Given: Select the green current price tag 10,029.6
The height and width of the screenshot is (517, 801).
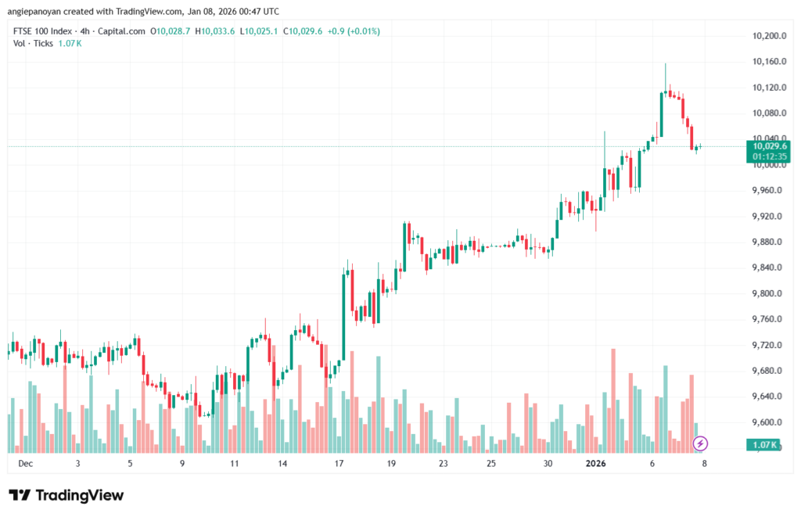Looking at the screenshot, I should point(769,145).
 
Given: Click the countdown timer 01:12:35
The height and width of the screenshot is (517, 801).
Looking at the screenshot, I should point(769,156).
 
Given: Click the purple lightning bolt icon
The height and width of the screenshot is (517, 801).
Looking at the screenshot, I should point(701,443).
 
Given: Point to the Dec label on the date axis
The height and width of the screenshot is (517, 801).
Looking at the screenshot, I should point(25,463).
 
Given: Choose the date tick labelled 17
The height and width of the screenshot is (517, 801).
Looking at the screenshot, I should point(339,463).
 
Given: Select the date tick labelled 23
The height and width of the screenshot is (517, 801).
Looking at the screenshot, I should point(444,463).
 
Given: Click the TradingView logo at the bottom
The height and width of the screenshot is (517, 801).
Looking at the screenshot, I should point(66,495).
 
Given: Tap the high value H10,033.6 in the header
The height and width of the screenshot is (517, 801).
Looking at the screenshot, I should point(215,31).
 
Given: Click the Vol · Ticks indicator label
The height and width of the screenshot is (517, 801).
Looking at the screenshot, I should point(34,43).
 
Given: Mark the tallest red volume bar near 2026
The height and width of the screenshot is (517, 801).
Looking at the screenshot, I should point(612,399).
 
